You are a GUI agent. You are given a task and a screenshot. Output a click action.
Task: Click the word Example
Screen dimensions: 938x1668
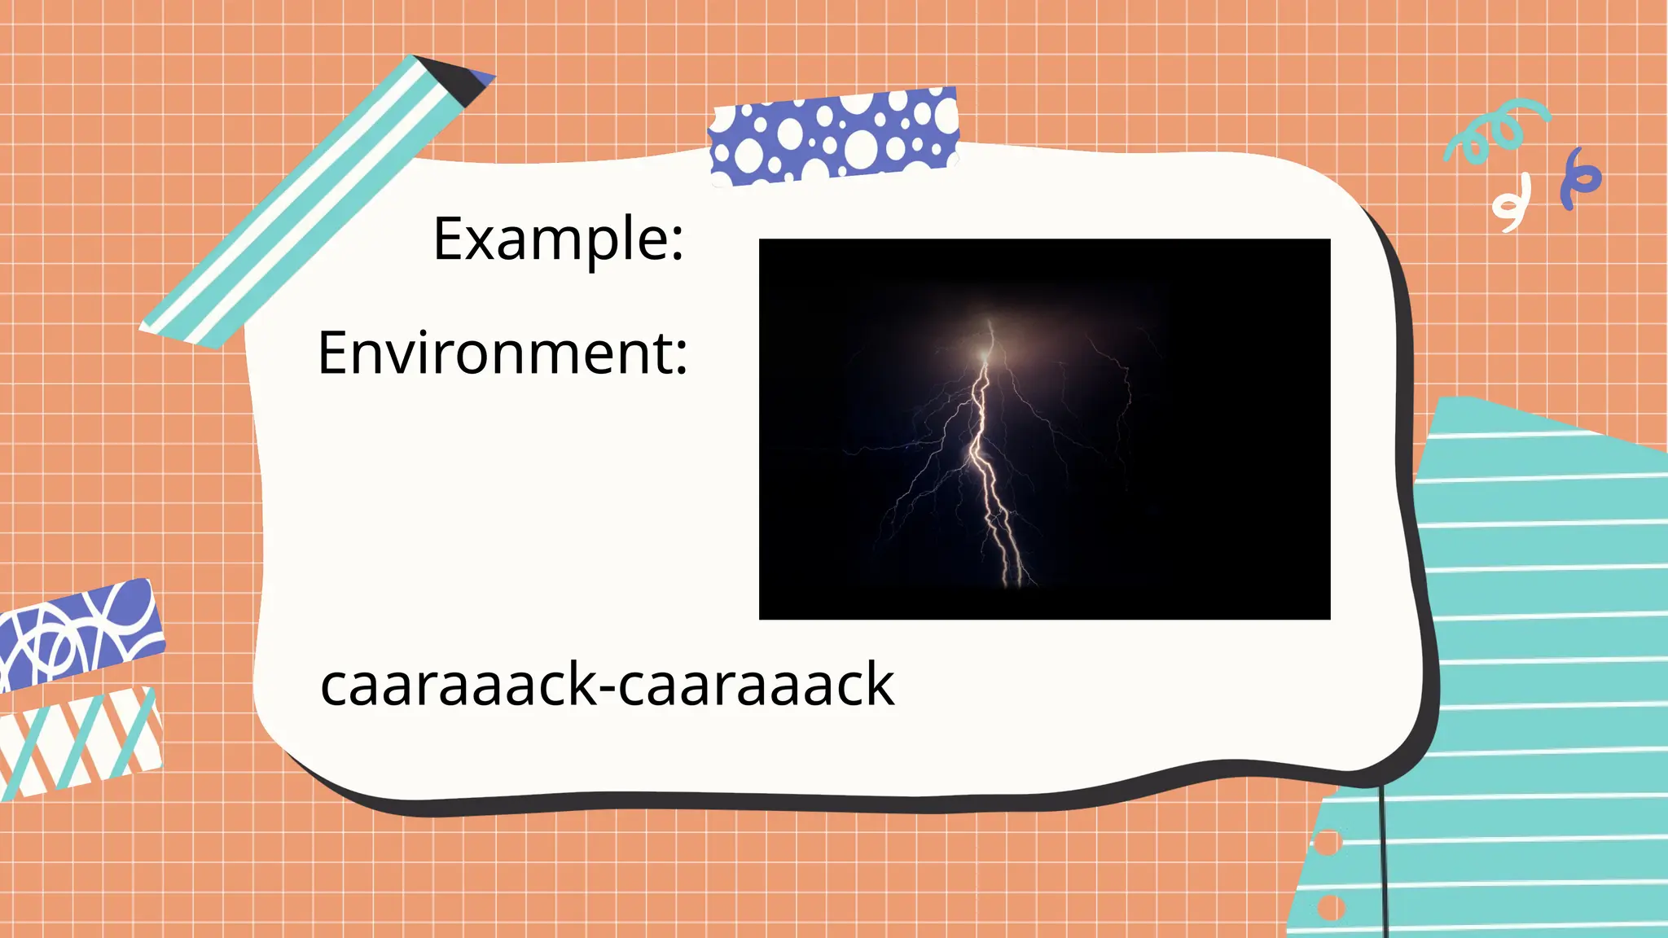[x=548, y=239]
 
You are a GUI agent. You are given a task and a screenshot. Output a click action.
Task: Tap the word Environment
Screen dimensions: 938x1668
[x=494, y=353]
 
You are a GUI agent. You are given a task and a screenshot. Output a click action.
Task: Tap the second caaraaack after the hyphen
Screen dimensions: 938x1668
[x=756, y=685]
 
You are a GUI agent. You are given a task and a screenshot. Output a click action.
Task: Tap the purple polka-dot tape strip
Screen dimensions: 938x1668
[x=833, y=135]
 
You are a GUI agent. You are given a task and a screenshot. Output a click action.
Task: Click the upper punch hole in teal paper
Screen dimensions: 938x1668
[x=1327, y=843]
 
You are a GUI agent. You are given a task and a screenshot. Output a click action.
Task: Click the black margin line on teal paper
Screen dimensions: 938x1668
[x=1383, y=863]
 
